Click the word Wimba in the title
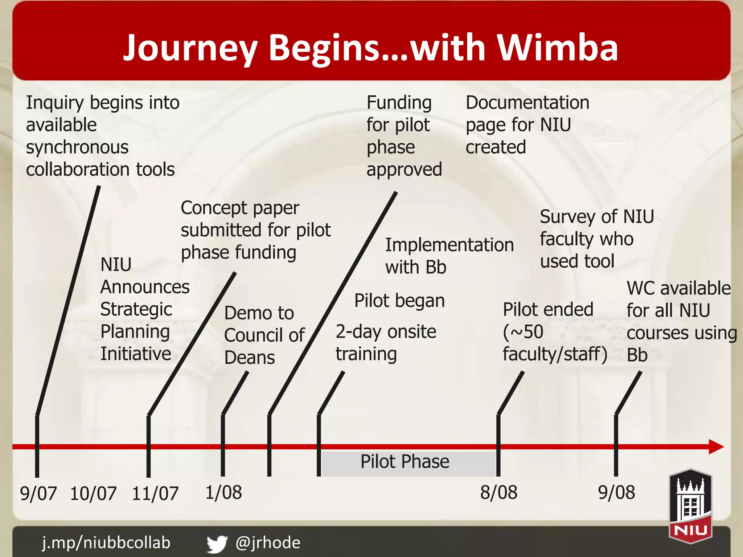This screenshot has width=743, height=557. [x=557, y=48]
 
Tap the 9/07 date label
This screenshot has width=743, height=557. [x=38, y=494]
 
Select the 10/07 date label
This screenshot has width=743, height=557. [x=93, y=494]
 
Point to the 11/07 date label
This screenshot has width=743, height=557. [x=155, y=494]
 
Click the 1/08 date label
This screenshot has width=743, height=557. [x=223, y=492]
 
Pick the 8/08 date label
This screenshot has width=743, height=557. [x=499, y=492]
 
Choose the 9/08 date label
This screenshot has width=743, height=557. [x=616, y=492]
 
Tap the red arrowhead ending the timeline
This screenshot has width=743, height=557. [x=715, y=446]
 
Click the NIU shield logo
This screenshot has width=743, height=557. [x=690, y=506]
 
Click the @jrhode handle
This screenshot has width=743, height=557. [x=268, y=543]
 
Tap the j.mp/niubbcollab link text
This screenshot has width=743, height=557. [x=106, y=543]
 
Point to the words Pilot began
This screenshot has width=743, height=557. [x=399, y=301]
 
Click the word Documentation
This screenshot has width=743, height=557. [x=527, y=103]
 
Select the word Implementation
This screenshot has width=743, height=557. [x=449, y=245]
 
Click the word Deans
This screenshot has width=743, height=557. [x=250, y=358]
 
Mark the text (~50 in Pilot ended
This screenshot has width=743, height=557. [x=523, y=332]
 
